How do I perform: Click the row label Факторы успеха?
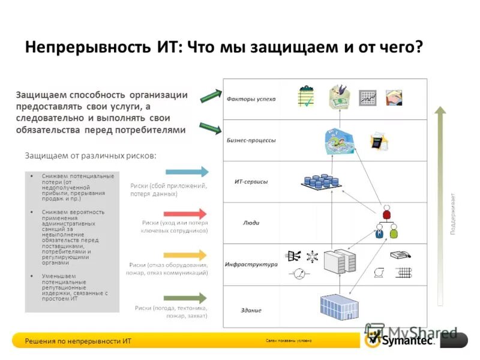click(x=251, y=98)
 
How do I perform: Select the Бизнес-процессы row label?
click(x=251, y=140)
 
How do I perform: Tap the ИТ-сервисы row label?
click(x=251, y=181)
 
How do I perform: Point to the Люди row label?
click(x=251, y=223)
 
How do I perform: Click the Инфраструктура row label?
click(x=251, y=264)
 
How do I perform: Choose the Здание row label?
click(x=251, y=310)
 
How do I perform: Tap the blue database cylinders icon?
click(x=317, y=181)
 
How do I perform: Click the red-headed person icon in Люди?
click(x=386, y=213)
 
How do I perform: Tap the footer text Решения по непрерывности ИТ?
click(x=78, y=341)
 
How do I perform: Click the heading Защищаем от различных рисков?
click(x=91, y=155)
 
